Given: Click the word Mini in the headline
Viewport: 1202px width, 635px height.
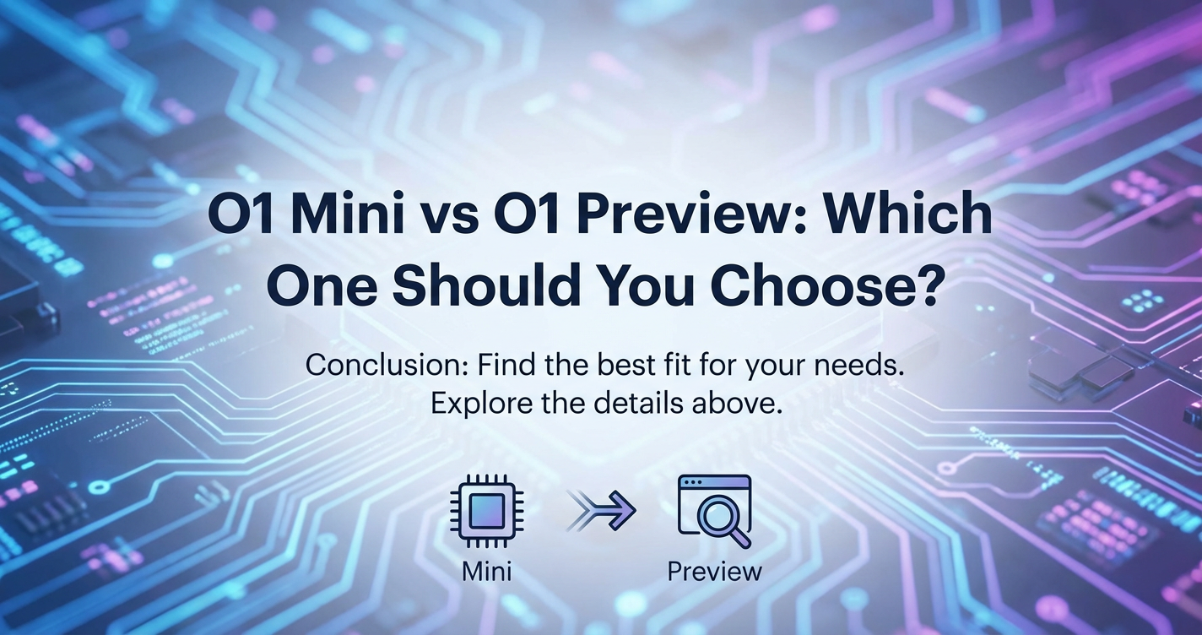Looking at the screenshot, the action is pos(349,214).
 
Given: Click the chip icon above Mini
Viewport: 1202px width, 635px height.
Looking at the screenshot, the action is pos(486,511).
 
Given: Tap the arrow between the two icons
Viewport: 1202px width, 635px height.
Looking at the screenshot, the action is pos(602,511).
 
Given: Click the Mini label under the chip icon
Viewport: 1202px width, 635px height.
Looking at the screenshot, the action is pos(486,571).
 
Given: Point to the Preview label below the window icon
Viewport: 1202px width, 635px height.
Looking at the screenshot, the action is pos(714,571).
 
